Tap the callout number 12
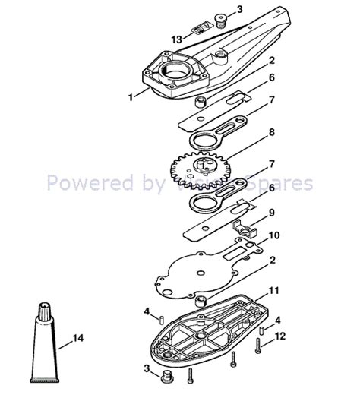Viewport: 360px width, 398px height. (x=280, y=335)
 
